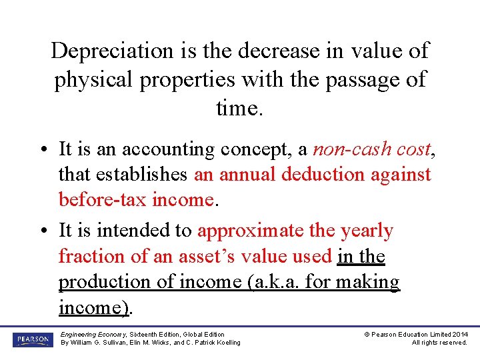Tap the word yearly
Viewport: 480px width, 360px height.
(367, 231)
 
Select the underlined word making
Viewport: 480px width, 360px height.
(367, 281)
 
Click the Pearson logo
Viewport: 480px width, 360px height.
(31, 339)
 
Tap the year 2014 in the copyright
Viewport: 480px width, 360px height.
(459, 334)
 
